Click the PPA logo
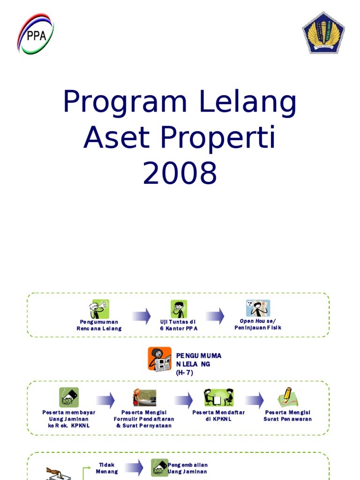point(36,34)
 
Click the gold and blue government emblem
point(323,33)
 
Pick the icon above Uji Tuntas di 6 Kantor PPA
point(179,309)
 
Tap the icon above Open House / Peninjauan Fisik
point(258,308)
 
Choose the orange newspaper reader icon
point(159,359)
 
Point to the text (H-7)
point(185,373)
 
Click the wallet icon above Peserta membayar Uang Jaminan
point(68,397)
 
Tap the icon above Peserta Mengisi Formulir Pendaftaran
point(144,397)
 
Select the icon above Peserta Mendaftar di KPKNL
point(218,397)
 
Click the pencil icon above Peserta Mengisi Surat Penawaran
point(287,397)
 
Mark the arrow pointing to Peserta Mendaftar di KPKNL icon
point(183,400)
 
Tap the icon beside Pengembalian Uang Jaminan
point(159,467)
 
